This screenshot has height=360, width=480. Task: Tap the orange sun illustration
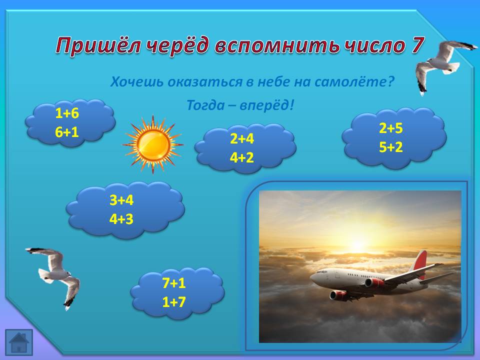pos(153,144)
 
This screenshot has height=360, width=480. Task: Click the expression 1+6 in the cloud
pos(67,113)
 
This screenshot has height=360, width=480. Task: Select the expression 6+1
pos(67,132)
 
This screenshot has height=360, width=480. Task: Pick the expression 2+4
pos(242,138)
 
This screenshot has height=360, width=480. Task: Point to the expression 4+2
pos(242,157)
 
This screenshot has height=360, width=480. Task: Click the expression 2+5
pos(390,128)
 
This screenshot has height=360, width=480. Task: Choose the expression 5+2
pos(390,147)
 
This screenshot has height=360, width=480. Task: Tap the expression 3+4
pos(121,200)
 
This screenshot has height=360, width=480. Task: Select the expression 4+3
pos(121,219)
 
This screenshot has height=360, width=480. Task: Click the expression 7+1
pos(174,283)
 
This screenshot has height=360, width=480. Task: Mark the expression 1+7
pos(174,302)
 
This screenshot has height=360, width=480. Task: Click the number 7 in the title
pos(417,45)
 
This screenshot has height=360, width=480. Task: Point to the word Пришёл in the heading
pos(98,46)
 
